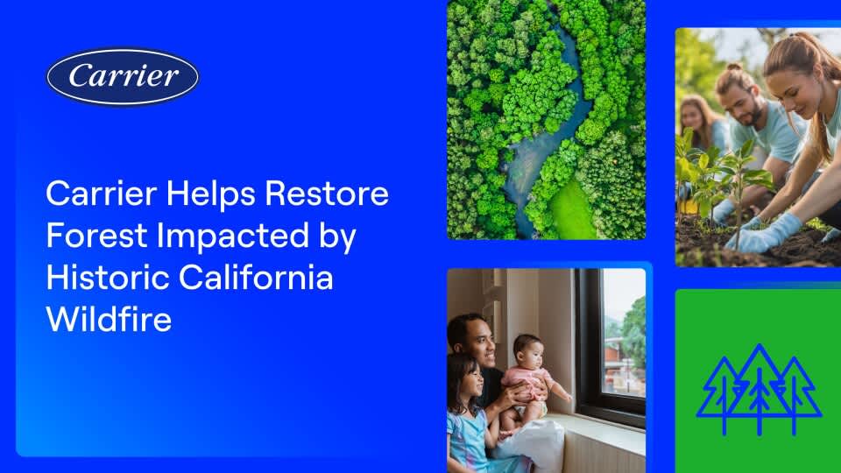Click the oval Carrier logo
pos(123,77)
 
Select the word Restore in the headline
pos(327,193)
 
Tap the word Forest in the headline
pos(96,236)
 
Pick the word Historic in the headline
pos(107,278)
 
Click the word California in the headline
pos(256,278)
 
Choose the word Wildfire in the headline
pos(109,320)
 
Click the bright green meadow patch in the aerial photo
pos(572,212)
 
